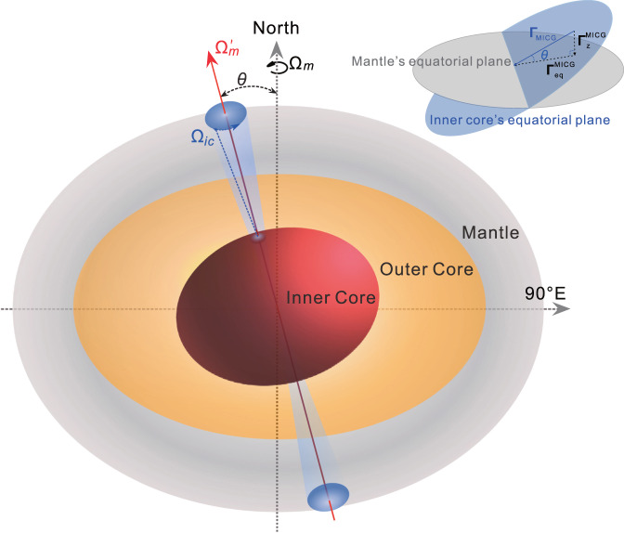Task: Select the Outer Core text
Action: tap(427, 269)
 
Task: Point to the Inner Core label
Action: tap(331, 298)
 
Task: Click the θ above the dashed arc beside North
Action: tap(242, 80)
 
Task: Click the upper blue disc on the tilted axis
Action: tap(224, 116)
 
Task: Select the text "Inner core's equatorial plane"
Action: tap(518, 119)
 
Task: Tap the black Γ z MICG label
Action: tap(591, 40)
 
